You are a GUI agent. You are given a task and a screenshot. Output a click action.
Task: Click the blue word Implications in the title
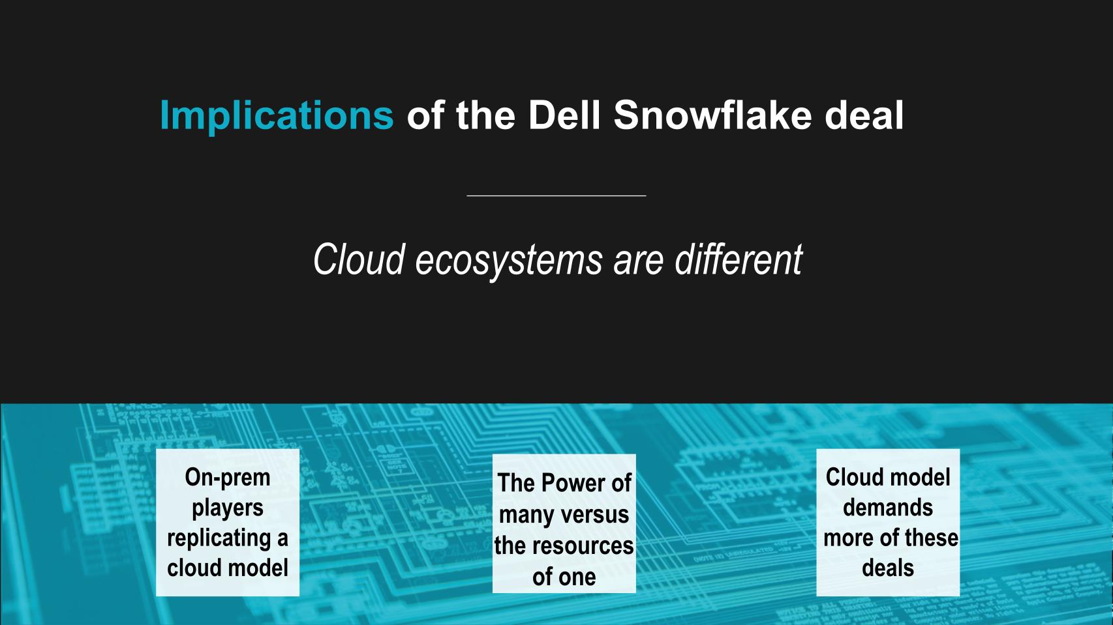tap(277, 116)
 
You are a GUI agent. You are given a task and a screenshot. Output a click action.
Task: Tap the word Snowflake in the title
tap(712, 115)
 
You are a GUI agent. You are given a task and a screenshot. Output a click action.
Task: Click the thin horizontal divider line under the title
tap(556, 196)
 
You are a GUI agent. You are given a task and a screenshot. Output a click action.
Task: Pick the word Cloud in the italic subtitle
tap(359, 259)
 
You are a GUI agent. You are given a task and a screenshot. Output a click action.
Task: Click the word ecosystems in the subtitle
tap(509, 261)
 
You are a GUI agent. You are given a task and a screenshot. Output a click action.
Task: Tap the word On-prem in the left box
tap(228, 477)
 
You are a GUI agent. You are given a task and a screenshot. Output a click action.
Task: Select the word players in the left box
tap(228, 508)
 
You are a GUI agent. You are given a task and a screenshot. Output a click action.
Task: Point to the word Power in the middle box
tap(574, 483)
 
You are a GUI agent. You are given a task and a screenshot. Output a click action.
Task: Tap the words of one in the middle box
tap(564, 577)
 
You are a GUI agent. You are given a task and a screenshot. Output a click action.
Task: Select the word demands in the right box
tap(888, 507)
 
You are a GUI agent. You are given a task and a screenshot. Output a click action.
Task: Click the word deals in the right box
tap(888, 568)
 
